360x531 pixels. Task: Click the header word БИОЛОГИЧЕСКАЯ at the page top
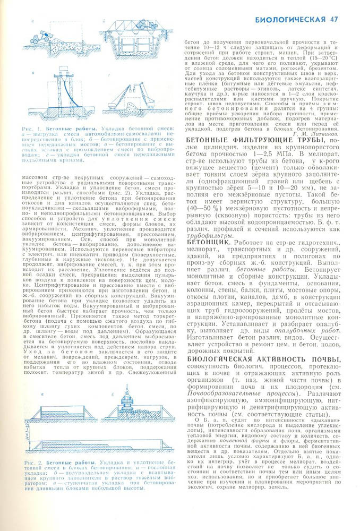coord(289,20)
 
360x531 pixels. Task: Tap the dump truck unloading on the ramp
coord(39,37)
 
